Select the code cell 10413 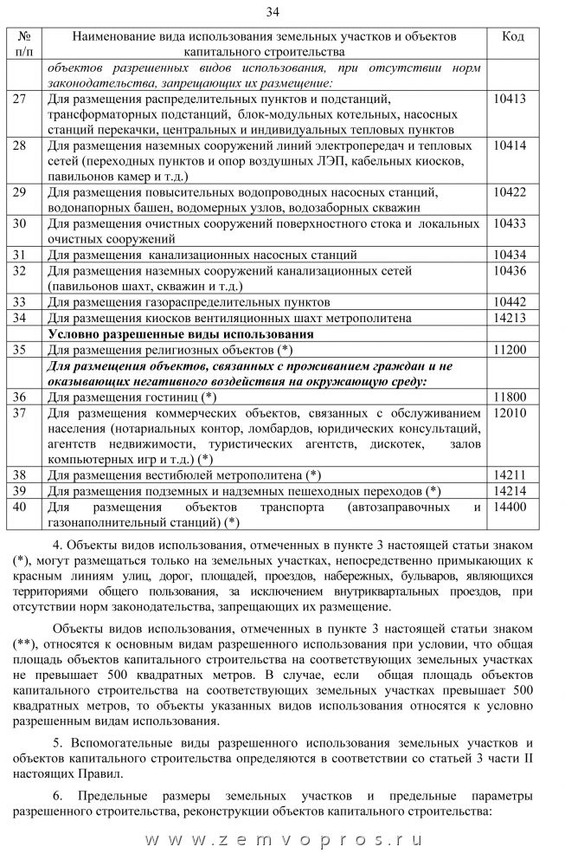[x=510, y=100]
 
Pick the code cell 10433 [x=510, y=223]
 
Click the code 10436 [x=510, y=271]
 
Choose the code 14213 [x=510, y=318]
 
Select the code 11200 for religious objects [x=510, y=350]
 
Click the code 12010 [x=510, y=412]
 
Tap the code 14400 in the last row [x=510, y=507]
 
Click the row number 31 [x=21, y=255]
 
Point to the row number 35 [x=21, y=350]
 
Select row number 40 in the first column [x=21, y=507]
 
